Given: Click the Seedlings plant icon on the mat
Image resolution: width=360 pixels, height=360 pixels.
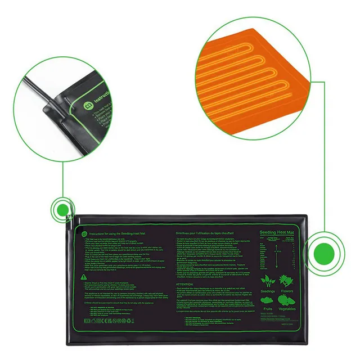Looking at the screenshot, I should tap(271, 280).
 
